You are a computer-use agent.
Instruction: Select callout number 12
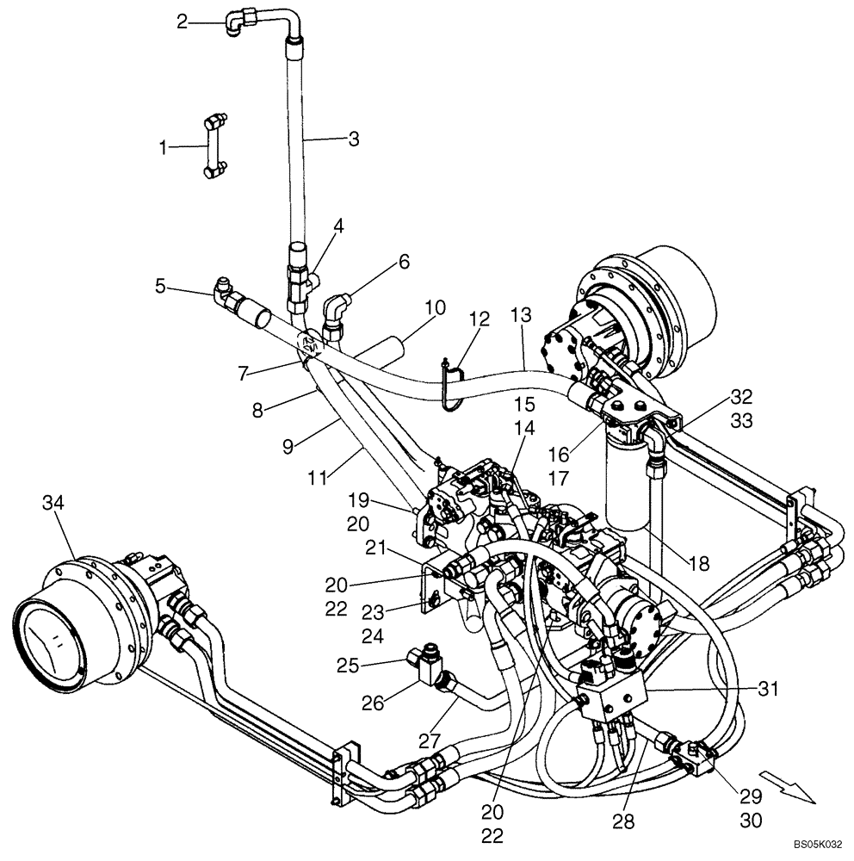pos(479,319)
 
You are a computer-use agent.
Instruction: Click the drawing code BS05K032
pos(815,847)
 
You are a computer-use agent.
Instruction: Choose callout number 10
pos(436,306)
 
